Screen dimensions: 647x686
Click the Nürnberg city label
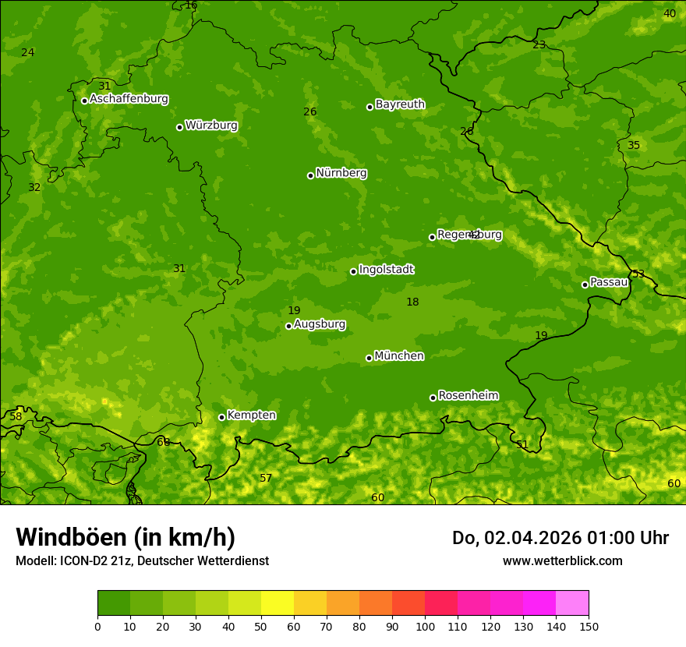(341, 173)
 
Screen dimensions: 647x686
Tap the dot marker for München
(369, 358)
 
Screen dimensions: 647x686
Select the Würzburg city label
(211, 126)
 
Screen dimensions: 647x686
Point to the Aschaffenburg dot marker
(84, 101)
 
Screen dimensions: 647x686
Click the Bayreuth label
(400, 104)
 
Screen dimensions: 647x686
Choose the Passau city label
(609, 282)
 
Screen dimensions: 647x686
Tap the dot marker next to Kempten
(221, 417)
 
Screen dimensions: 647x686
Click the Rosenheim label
(468, 396)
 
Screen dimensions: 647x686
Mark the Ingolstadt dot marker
(353, 271)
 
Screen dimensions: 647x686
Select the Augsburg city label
(320, 324)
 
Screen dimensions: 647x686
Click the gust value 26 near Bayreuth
(310, 112)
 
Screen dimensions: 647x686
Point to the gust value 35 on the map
(634, 146)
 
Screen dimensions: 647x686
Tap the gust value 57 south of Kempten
(266, 478)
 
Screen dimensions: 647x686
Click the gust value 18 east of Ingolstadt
(412, 302)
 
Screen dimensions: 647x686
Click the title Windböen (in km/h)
(126, 537)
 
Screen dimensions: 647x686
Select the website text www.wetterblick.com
(562, 560)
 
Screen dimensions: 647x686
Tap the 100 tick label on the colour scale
(425, 626)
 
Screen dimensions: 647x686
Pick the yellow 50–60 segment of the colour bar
(277, 603)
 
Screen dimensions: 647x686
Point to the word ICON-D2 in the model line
(81, 560)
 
